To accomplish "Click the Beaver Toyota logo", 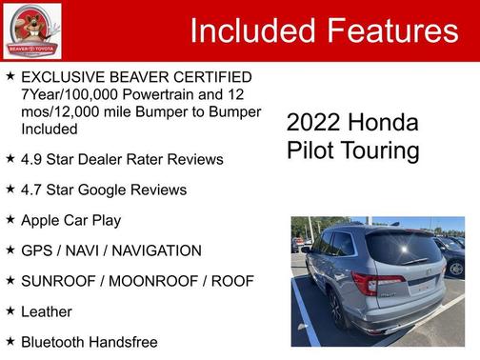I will tap(31, 30).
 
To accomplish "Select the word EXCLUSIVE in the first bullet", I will tap(62, 76).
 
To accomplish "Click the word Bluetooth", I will tap(54, 341).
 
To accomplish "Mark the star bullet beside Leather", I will tap(10, 310).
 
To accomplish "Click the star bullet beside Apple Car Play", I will tap(10, 219).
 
